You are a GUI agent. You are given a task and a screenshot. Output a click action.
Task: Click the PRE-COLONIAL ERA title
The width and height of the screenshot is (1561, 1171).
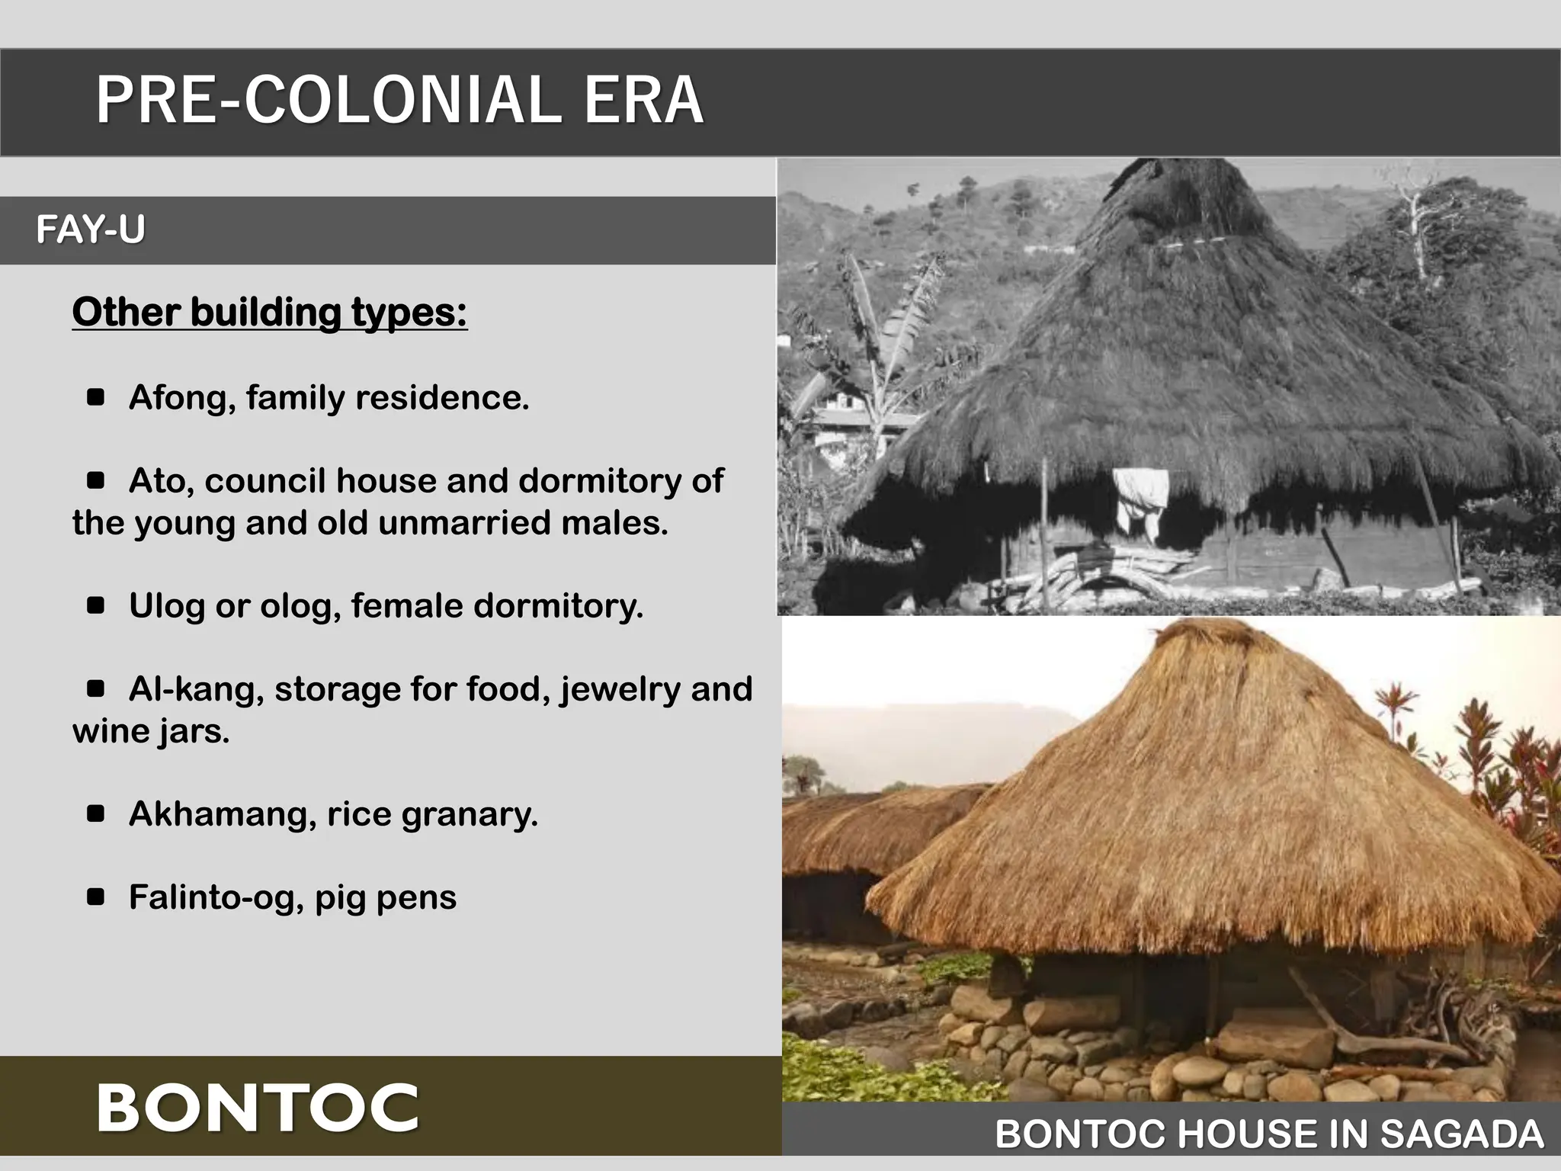tap(399, 100)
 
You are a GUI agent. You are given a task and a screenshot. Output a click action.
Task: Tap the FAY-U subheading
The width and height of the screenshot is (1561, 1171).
tap(90, 229)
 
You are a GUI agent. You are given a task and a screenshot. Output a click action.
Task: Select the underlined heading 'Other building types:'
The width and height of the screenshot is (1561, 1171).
tap(270, 312)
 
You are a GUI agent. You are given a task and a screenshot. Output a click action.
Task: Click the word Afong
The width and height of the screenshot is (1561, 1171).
tap(180, 397)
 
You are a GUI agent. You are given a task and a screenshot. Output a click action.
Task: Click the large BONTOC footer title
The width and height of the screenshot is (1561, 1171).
tap(258, 1108)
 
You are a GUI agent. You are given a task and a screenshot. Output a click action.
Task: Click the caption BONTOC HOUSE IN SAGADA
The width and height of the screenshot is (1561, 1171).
tap(1269, 1134)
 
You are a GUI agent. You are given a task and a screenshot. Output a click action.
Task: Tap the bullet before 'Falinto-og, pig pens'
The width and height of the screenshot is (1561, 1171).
tap(96, 897)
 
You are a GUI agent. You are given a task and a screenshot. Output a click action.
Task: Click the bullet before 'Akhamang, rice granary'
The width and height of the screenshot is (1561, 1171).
tap(96, 813)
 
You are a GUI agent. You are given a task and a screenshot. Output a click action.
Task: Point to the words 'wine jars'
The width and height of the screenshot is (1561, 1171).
tap(150, 731)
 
